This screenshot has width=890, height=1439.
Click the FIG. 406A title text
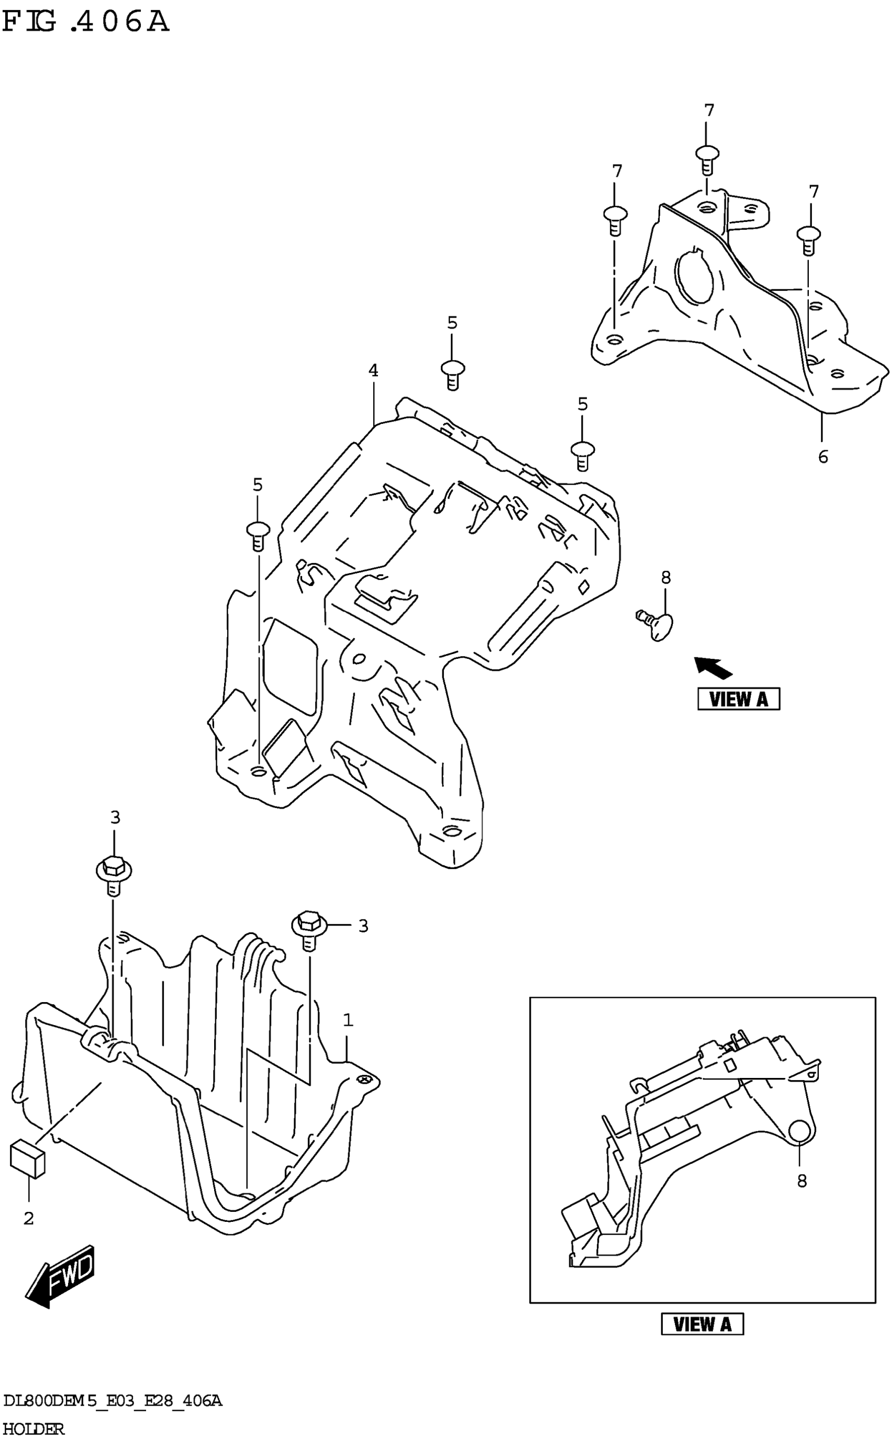pyautogui.click(x=85, y=23)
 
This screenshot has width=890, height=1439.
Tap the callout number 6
pyautogui.click(x=822, y=456)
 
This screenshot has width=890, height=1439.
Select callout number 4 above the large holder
pyautogui.click(x=373, y=370)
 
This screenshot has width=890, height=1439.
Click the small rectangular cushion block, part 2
pyautogui.click(x=28, y=1159)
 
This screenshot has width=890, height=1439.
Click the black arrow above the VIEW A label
pyautogui.click(x=713, y=667)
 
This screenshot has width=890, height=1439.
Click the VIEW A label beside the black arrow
pyautogui.click(x=738, y=699)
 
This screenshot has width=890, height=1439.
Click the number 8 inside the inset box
pyautogui.click(x=802, y=1181)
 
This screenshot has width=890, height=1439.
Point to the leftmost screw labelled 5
pyautogui.click(x=257, y=534)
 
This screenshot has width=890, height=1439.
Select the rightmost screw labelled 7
pyautogui.click(x=809, y=239)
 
